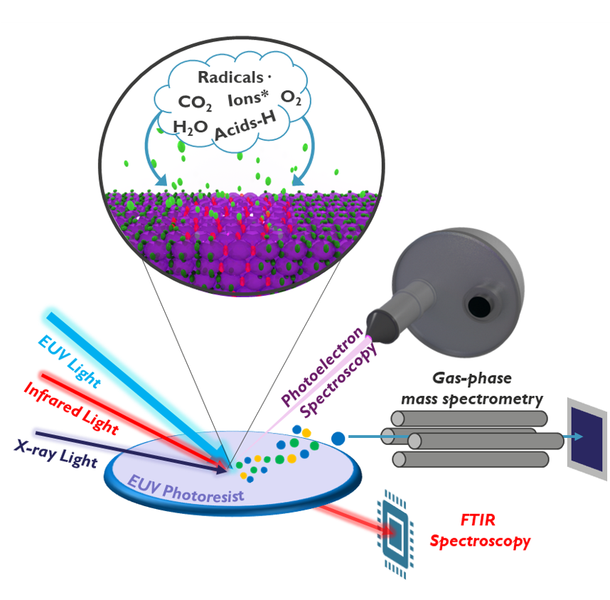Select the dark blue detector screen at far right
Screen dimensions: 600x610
[587, 433]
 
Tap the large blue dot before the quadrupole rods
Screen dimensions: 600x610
[338, 437]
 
